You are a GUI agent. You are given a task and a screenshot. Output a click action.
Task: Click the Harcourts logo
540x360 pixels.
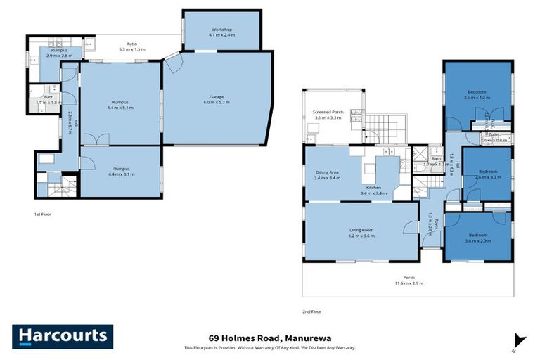point(63,336)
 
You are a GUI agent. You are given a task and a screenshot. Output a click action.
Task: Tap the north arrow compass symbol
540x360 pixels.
point(520,340)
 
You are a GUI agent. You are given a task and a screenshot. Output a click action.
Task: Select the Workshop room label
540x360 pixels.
point(221,32)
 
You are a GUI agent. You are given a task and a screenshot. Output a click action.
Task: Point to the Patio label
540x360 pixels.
point(131,46)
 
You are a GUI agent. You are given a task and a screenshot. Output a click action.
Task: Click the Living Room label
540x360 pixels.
point(361,233)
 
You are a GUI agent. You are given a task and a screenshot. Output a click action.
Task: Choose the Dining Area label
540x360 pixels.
point(328,175)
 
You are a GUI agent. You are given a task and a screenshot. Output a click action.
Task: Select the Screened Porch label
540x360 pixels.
point(327,115)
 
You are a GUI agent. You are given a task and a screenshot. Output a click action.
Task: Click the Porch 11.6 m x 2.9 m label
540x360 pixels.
point(409,280)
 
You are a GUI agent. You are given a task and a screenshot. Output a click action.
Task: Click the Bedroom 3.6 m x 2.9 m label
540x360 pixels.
point(478,238)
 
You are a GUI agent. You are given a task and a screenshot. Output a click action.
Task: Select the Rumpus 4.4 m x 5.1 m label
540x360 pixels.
point(121,105)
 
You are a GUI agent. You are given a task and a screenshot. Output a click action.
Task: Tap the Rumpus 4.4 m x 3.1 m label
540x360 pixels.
point(121,171)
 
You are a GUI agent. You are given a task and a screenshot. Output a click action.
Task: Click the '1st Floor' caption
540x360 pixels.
point(44,213)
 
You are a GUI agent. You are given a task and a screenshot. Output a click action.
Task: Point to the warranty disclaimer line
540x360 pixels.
point(269,348)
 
